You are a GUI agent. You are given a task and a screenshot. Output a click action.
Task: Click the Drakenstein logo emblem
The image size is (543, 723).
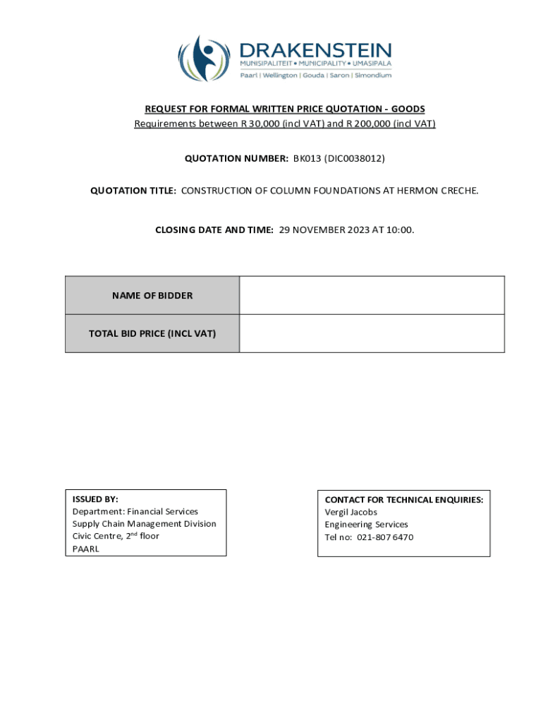point(204,59)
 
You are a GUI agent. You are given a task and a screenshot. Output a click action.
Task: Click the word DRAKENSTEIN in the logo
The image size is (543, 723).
point(315,51)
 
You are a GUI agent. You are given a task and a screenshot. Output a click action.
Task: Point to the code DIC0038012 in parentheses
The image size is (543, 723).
point(355,159)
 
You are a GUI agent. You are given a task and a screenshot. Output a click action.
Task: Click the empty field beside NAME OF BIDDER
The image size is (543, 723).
point(372,295)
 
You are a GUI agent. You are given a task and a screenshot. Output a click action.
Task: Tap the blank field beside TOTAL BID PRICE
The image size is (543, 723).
point(372,333)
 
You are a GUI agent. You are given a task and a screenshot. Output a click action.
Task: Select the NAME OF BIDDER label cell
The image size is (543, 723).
point(152,296)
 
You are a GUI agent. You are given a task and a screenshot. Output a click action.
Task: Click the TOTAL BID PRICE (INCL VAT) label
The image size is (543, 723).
point(152,333)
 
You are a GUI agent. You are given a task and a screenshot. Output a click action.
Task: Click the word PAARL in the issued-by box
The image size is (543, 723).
point(86,549)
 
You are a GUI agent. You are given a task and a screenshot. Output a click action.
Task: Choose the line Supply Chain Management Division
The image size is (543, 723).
point(144,524)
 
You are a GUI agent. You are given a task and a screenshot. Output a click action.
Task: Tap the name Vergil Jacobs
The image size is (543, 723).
point(350,512)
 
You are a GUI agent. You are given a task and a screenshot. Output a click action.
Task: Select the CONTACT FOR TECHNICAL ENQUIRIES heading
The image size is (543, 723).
point(403,500)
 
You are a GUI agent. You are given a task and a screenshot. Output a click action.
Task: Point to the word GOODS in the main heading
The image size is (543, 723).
point(408,109)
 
